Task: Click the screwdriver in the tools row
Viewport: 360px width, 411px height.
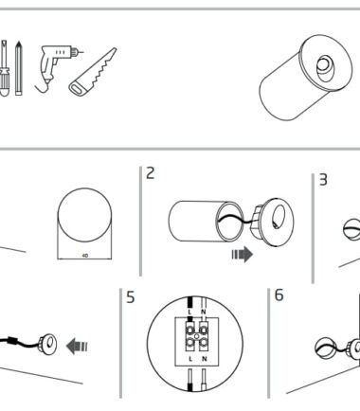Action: click(4, 68)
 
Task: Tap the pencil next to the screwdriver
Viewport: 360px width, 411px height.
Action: click(19, 68)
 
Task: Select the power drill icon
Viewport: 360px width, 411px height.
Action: click(56, 67)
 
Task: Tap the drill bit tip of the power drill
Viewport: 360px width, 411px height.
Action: click(81, 52)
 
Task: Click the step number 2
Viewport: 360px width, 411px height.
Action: click(151, 173)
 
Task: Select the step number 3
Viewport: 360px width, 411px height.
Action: click(323, 180)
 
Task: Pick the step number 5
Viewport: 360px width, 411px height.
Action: click(131, 297)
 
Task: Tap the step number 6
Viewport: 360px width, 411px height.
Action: click(279, 295)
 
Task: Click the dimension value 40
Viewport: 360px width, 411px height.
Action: click(84, 256)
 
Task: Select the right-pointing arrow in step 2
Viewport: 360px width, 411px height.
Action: click(243, 255)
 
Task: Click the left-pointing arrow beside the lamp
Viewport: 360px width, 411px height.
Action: click(77, 347)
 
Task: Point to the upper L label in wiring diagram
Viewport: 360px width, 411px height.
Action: click(189, 312)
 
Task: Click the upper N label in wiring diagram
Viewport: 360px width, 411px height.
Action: click(204, 312)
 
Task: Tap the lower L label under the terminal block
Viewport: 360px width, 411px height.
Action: click(190, 359)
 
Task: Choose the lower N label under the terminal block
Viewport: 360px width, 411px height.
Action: click(205, 359)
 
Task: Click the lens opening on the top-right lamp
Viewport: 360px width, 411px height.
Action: click(324, 68)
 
